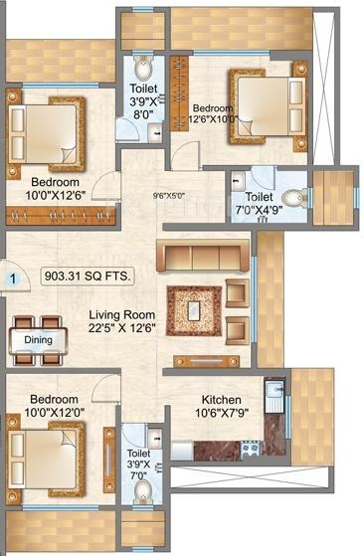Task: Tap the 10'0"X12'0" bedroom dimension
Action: [49, 412]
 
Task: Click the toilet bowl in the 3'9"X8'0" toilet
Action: [144, 71]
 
